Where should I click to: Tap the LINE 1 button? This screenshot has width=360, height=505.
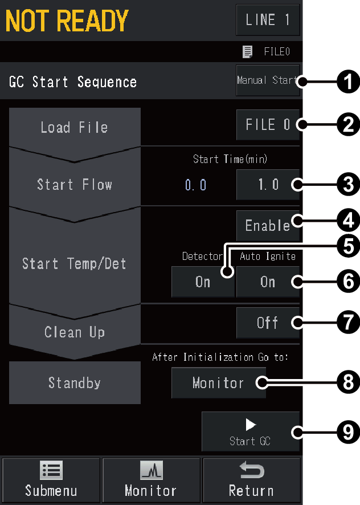[268, 20]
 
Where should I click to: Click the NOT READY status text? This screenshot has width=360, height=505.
[67, 21]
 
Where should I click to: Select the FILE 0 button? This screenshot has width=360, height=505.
[268, 125]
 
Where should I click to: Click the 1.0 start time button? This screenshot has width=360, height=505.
[268, 185]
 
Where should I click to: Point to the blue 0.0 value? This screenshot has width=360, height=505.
[196, 185]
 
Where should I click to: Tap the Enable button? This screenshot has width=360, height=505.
[268, 226]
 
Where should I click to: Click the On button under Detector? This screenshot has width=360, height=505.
[203, 282]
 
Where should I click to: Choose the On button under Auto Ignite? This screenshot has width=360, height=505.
[268, 282]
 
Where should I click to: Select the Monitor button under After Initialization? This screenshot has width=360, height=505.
[219, 383]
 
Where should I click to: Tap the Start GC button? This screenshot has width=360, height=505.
[251, 431]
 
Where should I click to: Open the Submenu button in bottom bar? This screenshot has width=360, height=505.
[51, 480]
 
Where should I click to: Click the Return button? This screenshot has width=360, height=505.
[251, 480]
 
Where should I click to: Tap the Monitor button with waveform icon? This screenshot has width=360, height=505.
[151, 480]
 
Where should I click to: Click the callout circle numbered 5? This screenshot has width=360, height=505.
[349, 247]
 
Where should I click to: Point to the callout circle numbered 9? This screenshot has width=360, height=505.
[349, 432]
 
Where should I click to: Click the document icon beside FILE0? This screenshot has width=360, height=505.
[247, 51]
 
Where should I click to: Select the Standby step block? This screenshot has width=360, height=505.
[75, 382]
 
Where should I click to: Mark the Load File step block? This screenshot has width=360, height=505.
[75, 128]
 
